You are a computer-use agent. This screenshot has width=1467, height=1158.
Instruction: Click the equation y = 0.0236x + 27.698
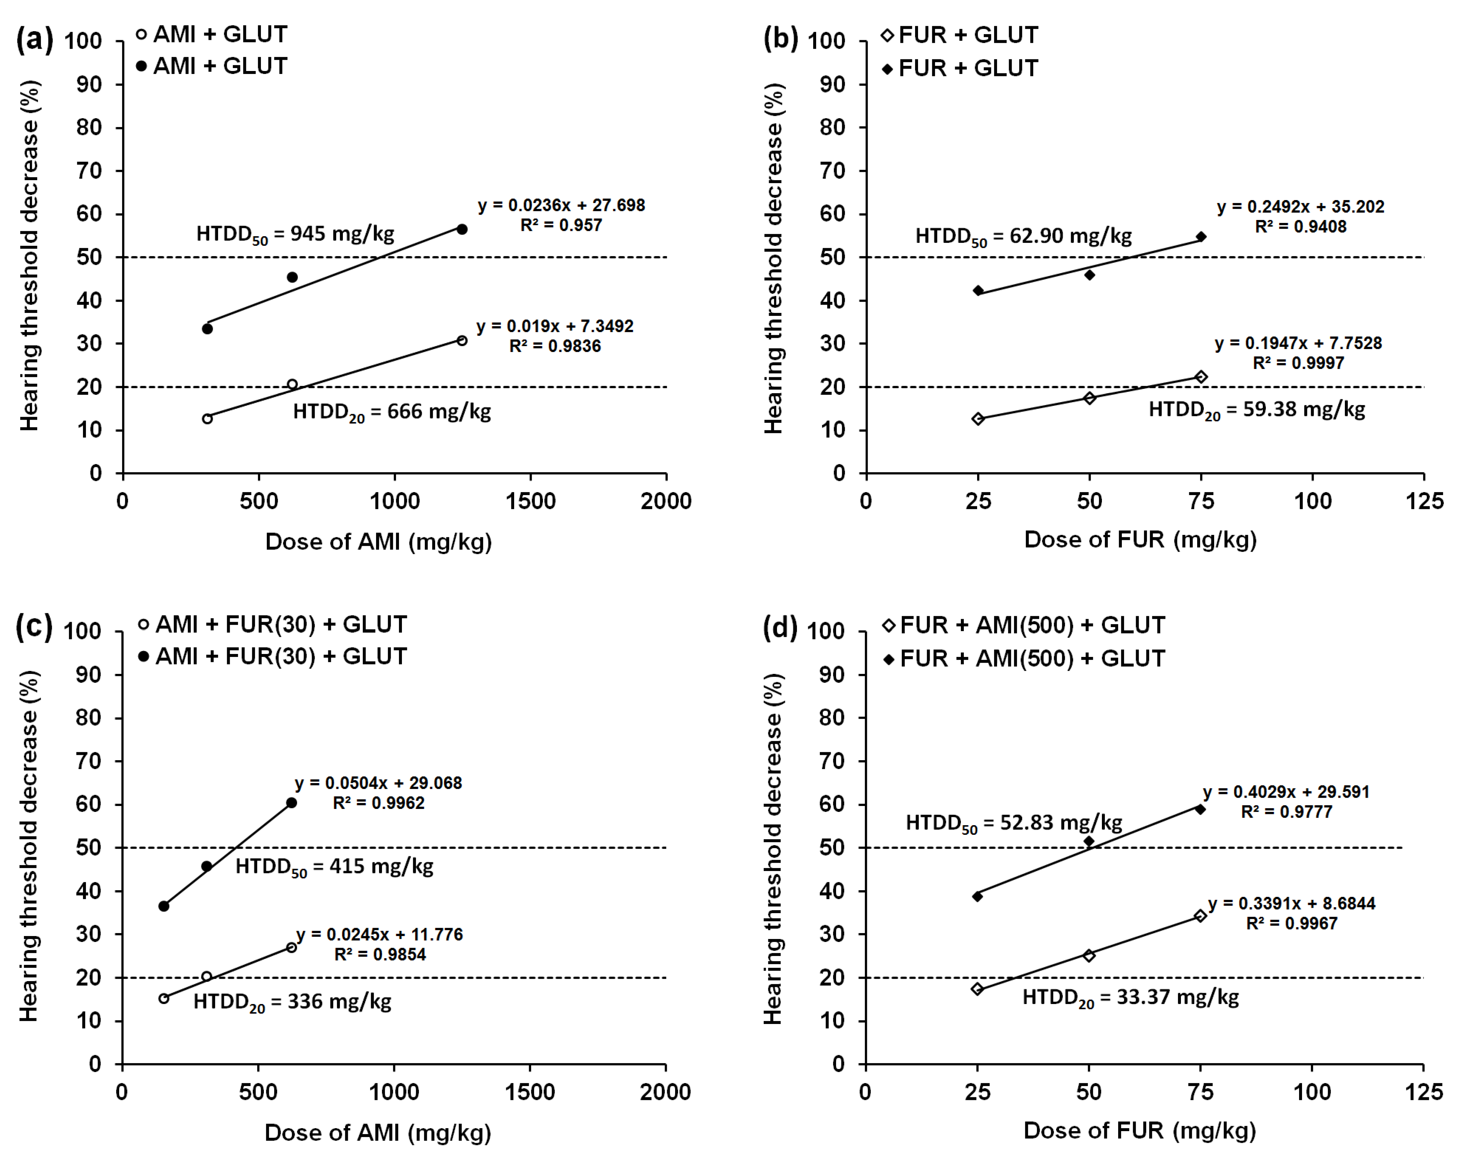(561, 205)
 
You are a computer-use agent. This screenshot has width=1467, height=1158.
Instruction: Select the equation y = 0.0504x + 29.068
(378, 783)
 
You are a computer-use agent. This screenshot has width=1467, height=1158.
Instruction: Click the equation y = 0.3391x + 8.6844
(1291, 904)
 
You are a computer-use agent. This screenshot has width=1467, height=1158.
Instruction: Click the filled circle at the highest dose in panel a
(462, 229)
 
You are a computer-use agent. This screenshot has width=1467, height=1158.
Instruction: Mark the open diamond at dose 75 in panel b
(1200, 377)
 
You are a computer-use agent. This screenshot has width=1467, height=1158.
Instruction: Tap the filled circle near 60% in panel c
(291, 803)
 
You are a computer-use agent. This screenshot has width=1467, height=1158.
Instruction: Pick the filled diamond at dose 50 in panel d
(1089, 841)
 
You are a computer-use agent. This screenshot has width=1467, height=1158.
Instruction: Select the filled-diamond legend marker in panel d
(888, 659)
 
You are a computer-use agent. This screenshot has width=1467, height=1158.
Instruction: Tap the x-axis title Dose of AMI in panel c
(378, 1132)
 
